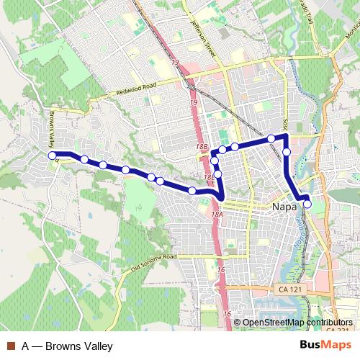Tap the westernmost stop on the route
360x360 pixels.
click(x=52, y=156)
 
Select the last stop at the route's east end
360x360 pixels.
click(x=307, y=204)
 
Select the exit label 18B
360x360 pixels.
click(x=202, y=147)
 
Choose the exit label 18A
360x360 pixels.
click(x=217, y=214)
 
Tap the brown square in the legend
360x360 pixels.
click(x=9, y=346)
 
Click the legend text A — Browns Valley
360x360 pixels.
click(x=67, y=346)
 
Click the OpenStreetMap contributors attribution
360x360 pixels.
click(x=297, y=323)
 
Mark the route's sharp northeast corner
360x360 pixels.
click(x=286, y=135)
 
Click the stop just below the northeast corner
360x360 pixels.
click(x=287, y=152)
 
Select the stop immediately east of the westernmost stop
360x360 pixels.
click(x=84, y=159)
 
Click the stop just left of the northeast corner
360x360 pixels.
click(x=271, y=138)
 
